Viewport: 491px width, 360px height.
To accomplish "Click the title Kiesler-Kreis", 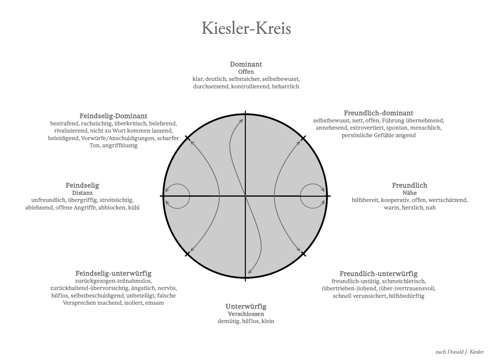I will pos(246,28).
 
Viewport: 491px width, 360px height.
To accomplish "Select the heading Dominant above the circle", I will pos(246,64).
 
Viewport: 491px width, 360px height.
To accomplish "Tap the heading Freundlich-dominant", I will pos(378,113).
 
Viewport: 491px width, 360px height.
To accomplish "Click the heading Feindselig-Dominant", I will pos(113,116).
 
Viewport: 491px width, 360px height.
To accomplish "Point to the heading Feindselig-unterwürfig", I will pos(113,273).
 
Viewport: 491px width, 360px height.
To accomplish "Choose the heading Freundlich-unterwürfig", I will pos(378,273).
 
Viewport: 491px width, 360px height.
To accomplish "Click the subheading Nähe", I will pos(409,193).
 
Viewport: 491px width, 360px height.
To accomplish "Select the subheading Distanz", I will pos(82,193).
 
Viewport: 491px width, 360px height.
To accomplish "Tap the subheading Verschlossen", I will pos(246,314).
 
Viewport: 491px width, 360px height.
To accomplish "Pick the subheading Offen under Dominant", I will pos(246,72).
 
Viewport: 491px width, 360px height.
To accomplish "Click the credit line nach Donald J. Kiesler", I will pos(459,352).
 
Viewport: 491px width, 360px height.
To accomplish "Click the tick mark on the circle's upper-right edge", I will pos(303,138).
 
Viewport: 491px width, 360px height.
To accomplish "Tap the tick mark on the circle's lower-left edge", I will pos(187,254).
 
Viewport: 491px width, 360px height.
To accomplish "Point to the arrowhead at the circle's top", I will pos(241,120).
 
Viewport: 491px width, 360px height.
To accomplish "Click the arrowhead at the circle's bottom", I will pos(249,272).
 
